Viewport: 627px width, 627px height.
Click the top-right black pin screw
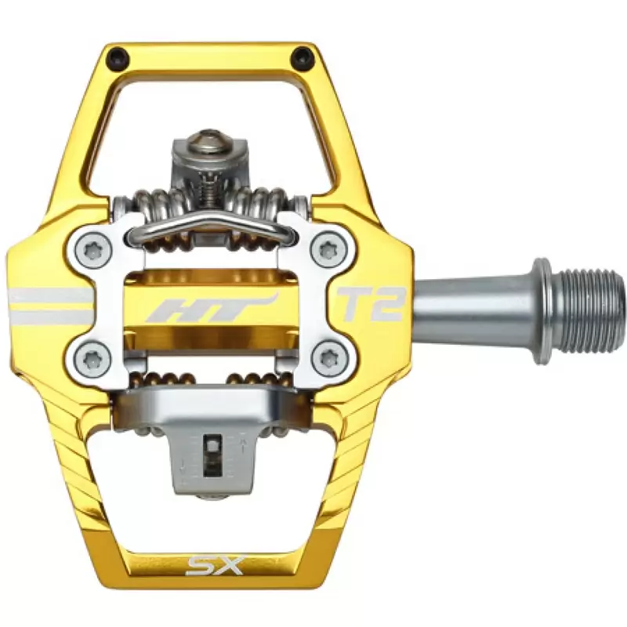pyautogui.click(x=302, y=56)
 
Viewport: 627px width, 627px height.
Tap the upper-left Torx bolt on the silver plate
pyautogui.click(x=92, y=251)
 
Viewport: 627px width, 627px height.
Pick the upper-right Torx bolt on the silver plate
pyautogui.click(x=328, y=251)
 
